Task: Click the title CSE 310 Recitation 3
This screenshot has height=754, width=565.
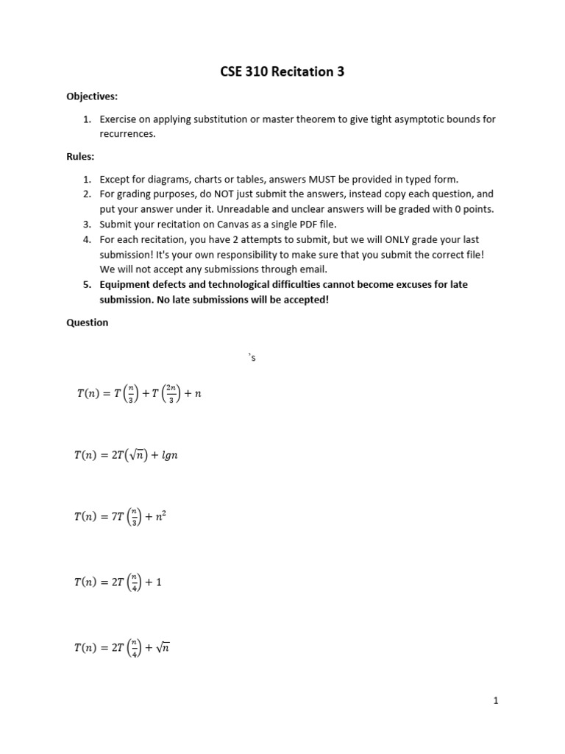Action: (282, 72)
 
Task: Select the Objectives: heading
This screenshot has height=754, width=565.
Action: (92, 96)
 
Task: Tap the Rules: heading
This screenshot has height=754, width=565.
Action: (80, 156)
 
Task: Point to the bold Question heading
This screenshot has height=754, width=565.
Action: (88, 323)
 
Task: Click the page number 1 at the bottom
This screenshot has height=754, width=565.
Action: (496, 701)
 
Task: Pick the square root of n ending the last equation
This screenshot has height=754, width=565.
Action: (163, 648)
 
